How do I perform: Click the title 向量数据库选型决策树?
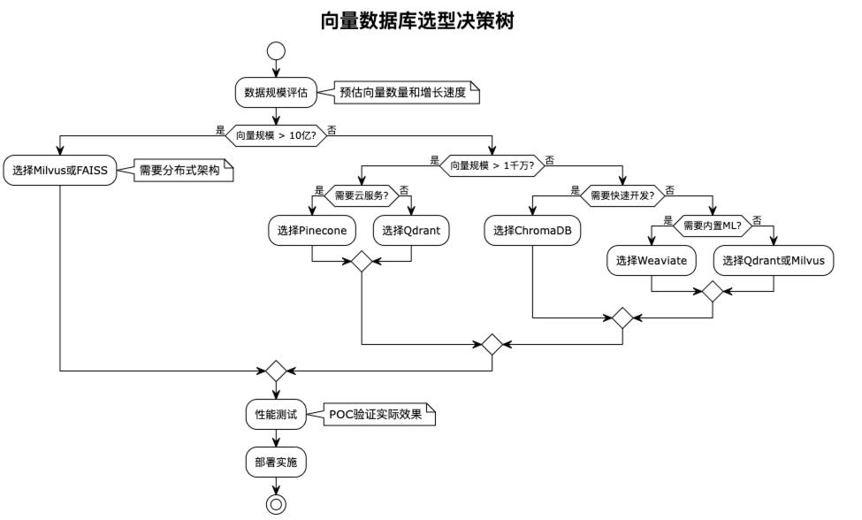[x=417, y=21]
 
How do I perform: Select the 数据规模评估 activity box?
[x=277, y=91]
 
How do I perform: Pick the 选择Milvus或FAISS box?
[x=60, y=171]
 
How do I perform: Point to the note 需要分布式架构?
[x=180, y=171]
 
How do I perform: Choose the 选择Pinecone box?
[x=312, y=231]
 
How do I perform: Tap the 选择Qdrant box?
[x=411, y=231]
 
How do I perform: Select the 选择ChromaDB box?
[x=532, y=231]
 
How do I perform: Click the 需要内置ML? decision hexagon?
[x=713, y=226]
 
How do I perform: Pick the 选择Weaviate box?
[x=652, y=261]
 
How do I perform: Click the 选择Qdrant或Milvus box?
[x=774, y=261]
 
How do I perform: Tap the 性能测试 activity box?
[x=277, y=413]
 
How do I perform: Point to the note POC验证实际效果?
[x=376, y=413]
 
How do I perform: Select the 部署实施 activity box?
[x=277, y=462]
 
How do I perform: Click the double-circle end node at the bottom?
[x=277, y=505]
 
